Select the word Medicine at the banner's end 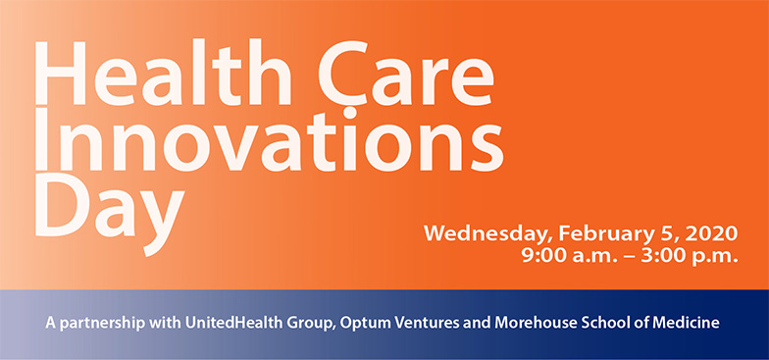(x=688, y=322)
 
